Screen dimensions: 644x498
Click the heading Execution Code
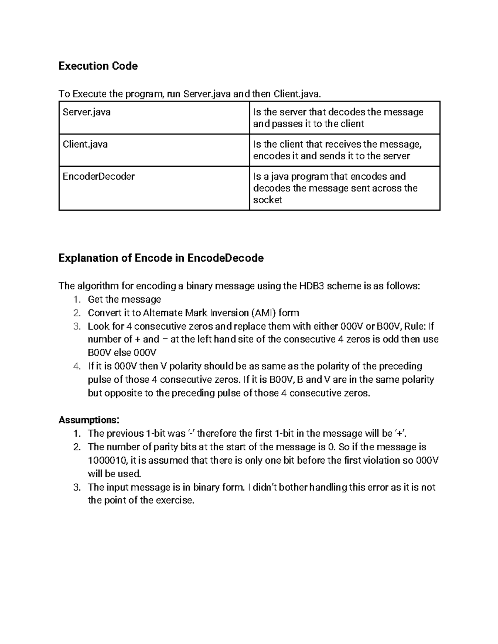coord(98,66)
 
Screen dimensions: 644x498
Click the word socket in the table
coord(267,200)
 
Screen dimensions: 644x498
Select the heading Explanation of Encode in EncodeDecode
coord(161,258)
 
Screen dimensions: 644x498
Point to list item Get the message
coord(124,299)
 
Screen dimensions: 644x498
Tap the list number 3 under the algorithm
coord(76,326)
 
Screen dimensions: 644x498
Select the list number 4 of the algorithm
coord(76,366)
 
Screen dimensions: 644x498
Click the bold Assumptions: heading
coord(89,420)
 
